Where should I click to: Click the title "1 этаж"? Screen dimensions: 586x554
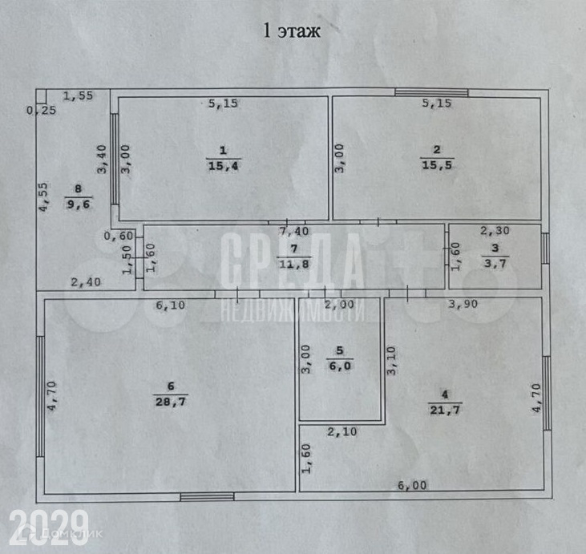(x=292, y=32)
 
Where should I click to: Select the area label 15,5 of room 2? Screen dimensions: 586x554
(x=437, y=166)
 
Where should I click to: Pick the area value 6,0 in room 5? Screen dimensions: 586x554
(x=339, y=365)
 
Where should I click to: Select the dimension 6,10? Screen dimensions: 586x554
(x=170, y=305)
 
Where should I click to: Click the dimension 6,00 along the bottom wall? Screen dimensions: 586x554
(x=414, y=485)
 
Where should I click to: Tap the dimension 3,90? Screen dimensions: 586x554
(x=463, y=305)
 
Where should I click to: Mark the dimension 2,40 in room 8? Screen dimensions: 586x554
(x=86, y=282)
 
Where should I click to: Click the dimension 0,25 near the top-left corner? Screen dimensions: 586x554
(x=41, y=111)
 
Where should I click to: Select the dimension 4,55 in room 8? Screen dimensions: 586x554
(x=45, y=196)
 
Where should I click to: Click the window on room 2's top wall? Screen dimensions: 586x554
(x=431, y=93)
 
